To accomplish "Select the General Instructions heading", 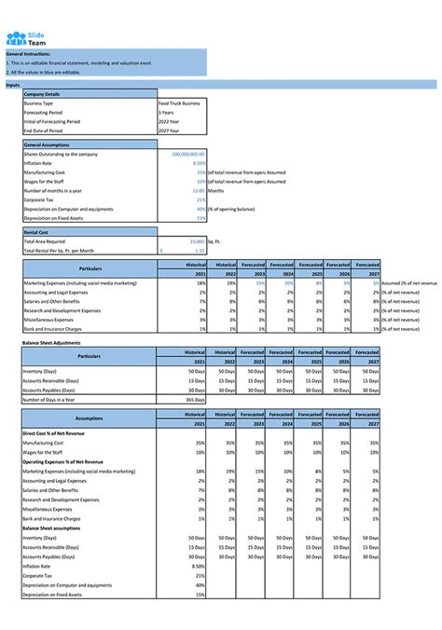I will pyautogui.click(x=27, y=55).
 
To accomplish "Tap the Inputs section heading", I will pyautogui.click(x=13, y=85).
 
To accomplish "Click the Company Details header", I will pyautogui.click(x=42, y=94).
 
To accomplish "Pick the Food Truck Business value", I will pyautogui.click(x=179, y=103).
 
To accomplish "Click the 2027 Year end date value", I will pyautogui.click(x=169, y=131).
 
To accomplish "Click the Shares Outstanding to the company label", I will pyautogui.click(x=61, y=154).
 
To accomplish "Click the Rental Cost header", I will pyautogui.click(x=36, y=232).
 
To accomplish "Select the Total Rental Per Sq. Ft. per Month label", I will pyautogui.click(x=59, y=250).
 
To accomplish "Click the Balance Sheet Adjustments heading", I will pyautogui.click(x=52, y=342).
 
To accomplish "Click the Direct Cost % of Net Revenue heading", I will pyautogui.click(x=58, y=434).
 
